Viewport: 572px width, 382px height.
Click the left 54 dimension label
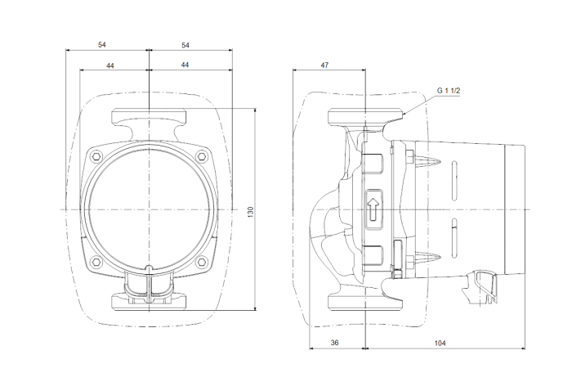point(102,44)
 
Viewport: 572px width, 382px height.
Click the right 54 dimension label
point(185,45)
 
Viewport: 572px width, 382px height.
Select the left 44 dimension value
point(110,65)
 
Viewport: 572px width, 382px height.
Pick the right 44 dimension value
point(185,65)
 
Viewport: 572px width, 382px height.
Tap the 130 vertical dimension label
point(250,213)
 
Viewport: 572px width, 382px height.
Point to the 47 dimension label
point(324,65)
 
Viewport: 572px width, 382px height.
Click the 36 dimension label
point(334,343)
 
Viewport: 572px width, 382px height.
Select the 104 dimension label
point(440,344)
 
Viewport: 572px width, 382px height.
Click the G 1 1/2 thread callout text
point(449,90)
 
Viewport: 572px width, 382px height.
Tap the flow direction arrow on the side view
point(373,209)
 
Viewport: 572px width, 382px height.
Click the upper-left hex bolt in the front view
point(96,157)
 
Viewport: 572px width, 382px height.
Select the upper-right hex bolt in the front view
point(201,157)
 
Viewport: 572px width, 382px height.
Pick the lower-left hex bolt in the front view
point(96,262)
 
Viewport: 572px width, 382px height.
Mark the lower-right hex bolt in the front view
point(201,262)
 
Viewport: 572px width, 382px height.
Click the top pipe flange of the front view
point(150,116)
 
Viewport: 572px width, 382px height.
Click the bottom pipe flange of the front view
point(150,303)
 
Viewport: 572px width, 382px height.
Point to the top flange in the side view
point(365,116)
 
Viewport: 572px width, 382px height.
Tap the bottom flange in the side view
point(365,303)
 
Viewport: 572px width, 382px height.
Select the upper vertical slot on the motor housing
point(454,181)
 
